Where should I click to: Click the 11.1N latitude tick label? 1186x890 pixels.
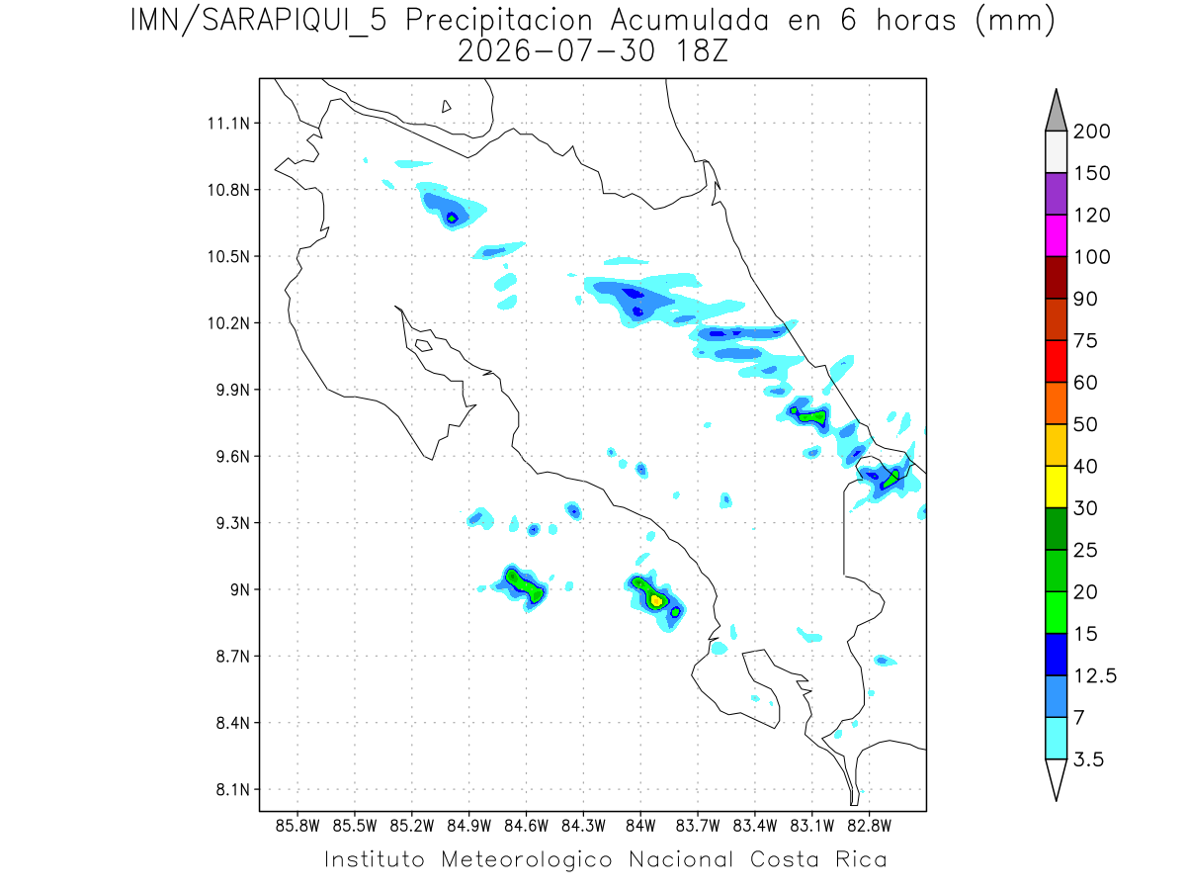(228, 124)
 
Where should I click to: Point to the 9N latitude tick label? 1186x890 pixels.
(240, 589)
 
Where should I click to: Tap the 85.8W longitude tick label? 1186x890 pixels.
(297, 827)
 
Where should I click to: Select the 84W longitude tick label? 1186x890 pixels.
(640, 827)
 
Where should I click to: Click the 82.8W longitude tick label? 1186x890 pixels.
(869, 827)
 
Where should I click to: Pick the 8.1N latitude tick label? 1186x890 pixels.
(233, 790)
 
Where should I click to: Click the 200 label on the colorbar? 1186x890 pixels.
(1091, 132)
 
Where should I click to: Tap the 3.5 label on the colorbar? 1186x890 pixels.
(1088, 759)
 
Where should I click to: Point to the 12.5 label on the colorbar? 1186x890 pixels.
(1095, 676)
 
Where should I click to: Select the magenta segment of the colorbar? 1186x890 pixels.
(1056, 235)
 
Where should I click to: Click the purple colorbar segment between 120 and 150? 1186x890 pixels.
(1056, 194)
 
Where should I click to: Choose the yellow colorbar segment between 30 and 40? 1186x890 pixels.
(1056, 487)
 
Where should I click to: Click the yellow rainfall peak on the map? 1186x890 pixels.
(656, 600)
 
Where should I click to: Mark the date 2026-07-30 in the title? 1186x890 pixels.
(556, 51)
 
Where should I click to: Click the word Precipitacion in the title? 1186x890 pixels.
(499, 21)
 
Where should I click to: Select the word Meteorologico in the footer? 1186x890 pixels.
(526, 860)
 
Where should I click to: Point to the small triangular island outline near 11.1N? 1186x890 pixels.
(446, 107)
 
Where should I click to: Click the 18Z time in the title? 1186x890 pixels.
(702, 51)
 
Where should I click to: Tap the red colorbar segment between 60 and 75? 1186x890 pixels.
(1056, 362)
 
